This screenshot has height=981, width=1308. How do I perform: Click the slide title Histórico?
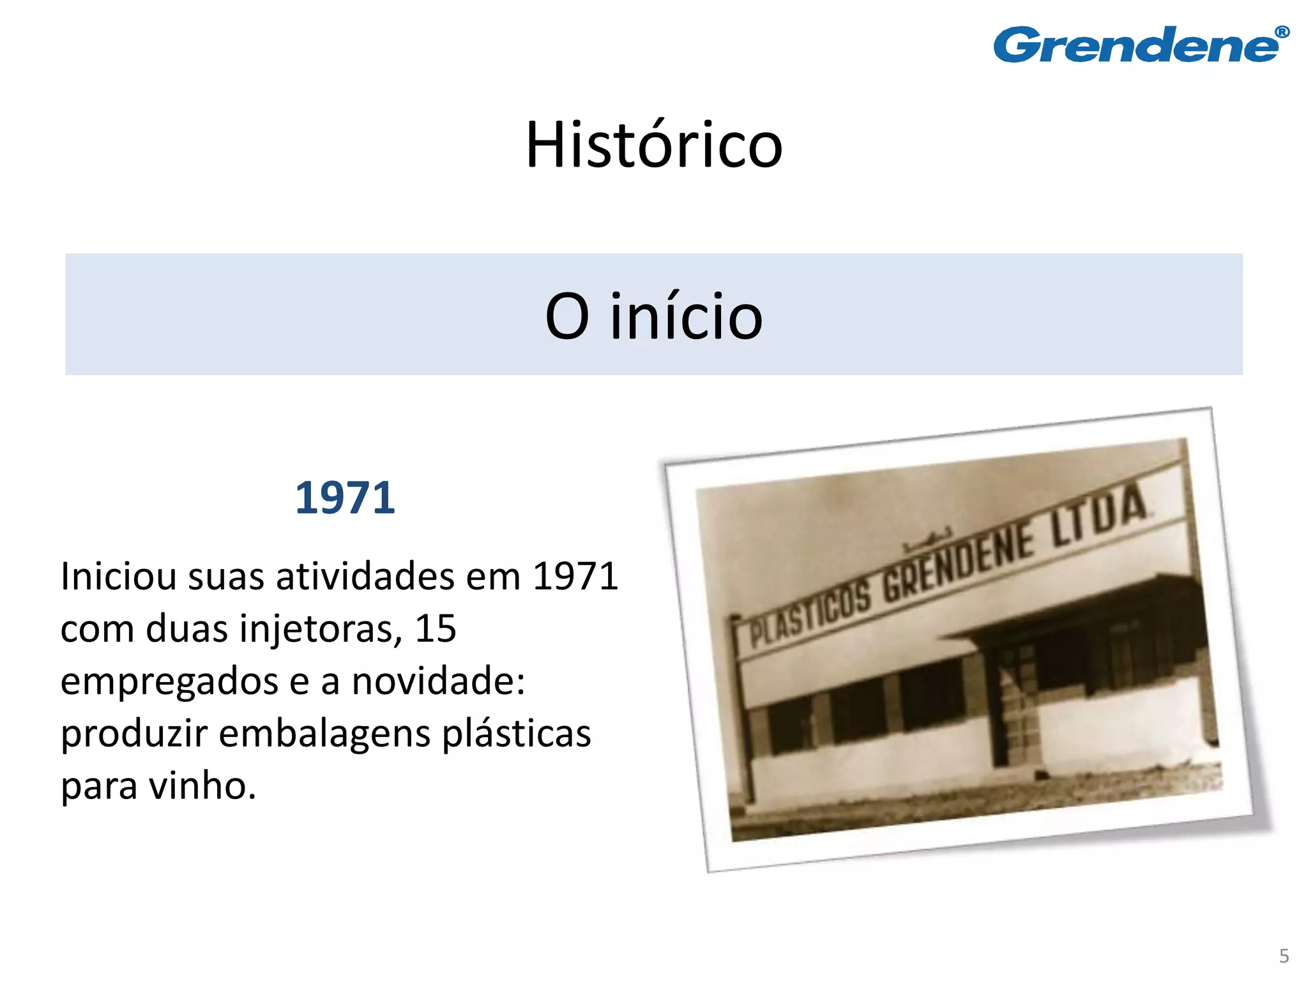[x=653, y=145]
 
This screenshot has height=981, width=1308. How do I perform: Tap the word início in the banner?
[x=686, y=316]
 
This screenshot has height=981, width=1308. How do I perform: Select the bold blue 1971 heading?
[x=345, y=498]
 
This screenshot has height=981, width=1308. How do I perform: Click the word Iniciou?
[x=118, y=576]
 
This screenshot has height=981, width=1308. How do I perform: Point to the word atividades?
[x=365, y=576]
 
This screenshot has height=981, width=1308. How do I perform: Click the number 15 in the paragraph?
[x=436, y=628]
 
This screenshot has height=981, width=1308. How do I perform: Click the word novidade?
[x=437, y=681]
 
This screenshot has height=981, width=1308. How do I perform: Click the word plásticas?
[x=516, y=733]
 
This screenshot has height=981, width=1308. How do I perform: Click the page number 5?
[x=1284, y=956]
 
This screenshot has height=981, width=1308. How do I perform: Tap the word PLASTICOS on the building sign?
[x=810, y=615]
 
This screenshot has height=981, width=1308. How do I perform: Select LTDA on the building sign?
[x=1099, y=515]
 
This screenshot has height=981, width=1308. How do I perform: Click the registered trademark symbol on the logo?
[x=1281, y=32]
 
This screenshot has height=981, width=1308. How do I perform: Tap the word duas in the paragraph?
[x=186, y=628]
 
